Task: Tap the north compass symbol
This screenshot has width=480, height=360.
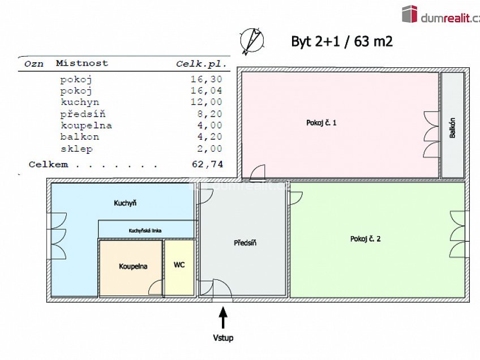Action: click(x=252, y=41)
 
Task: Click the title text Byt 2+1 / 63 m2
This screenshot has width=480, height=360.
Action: click(x=342, y=41)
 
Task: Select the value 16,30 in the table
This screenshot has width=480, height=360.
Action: click(x=207, y=80)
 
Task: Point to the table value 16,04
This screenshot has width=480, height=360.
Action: click(x=207, y=91)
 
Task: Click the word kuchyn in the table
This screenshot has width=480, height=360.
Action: click(x=80, y=102)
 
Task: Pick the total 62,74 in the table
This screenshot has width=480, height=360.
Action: click(x=207, y=164)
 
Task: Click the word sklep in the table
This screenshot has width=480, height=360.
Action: click(x=76, y=149)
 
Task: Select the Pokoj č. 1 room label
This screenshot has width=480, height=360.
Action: click(x=322, y=122)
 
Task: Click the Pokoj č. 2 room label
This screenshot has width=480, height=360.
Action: click(x=365, y=239)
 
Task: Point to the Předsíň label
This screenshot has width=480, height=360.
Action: click(x=245, y=243)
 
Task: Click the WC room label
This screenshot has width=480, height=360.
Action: click(x=179, y=264)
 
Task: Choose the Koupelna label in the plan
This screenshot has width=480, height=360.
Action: click(x=133, y=266)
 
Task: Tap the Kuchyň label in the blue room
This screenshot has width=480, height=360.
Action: click(x=125, y=203)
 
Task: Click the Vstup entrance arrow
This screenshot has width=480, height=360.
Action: click(x=223, y=317)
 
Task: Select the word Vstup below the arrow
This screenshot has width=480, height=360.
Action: click(x=223, y=338)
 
